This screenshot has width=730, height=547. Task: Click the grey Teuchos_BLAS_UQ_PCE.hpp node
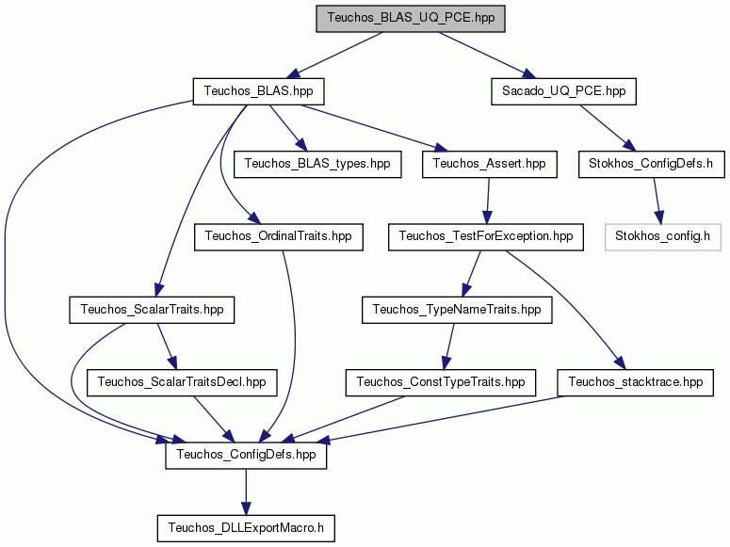[x=411, y=19]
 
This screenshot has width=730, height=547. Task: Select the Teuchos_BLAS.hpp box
[x=258, y=91]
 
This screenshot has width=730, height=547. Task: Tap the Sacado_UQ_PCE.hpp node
[x=563, y=91]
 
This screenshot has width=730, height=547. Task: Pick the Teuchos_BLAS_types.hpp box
[x=317, y=164]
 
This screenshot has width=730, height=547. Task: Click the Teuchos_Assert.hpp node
[x=489, y=164]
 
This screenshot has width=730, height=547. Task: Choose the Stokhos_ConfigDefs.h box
[x=651, y=164]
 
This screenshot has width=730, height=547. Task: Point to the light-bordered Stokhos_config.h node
[x=662, y=237]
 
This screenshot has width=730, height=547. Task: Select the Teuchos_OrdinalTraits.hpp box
[x=279, y=237]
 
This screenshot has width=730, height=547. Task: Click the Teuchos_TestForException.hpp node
[x=486, y=237]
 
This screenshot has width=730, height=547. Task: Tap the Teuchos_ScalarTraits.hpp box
[x=152, y=310]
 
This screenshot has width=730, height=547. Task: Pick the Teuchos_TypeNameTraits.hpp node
[x=457, y=310]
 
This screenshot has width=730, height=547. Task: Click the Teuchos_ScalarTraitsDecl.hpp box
[x=182, y=382]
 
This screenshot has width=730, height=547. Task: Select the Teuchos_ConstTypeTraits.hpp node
[x=441, y=382]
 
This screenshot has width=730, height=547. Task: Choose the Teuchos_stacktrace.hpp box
[x=635, y=382]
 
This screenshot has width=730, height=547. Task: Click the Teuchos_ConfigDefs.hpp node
[x=246, y=456]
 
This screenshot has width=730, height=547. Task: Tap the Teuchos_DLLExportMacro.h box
[x=246, y=528]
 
